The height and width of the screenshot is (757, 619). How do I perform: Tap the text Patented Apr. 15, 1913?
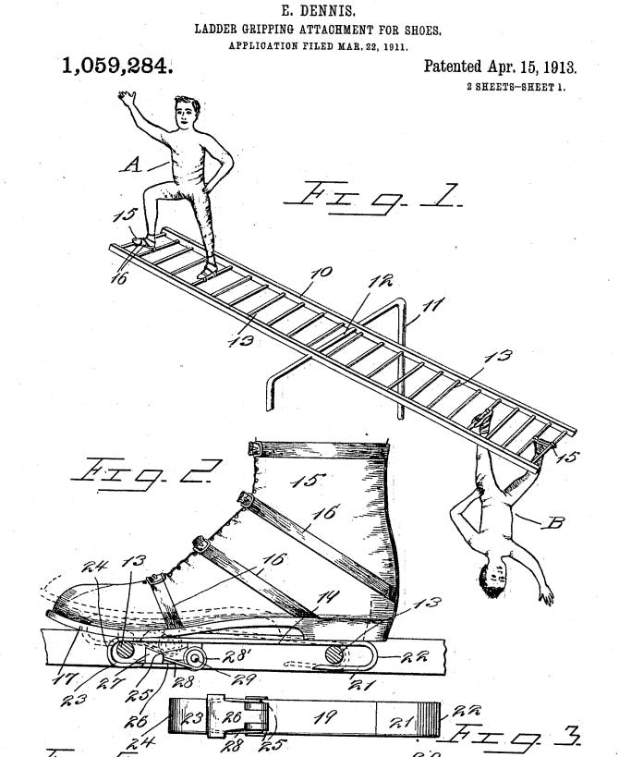(x=500, y=67)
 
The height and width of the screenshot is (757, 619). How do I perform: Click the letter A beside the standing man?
(x=133, y=165)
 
